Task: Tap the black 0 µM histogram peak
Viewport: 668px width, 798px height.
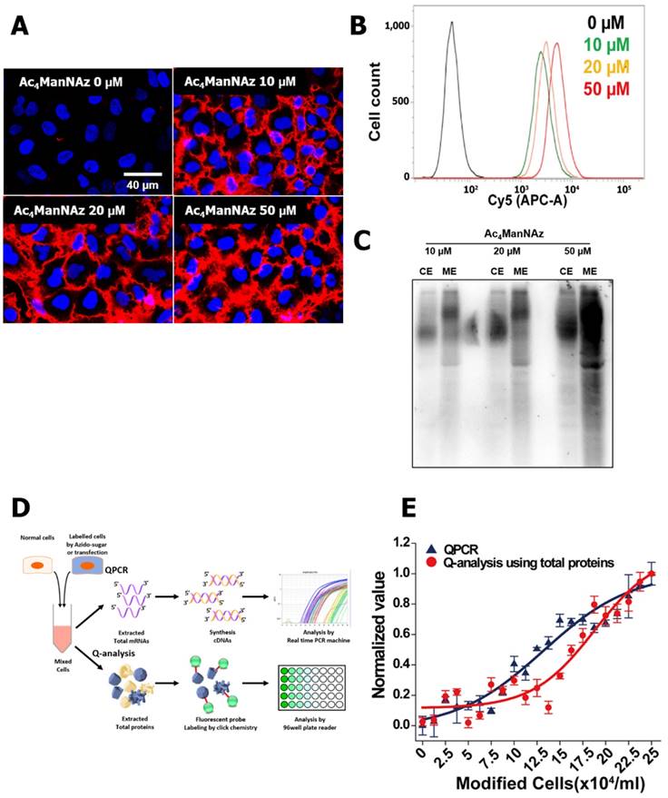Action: (x=451, y=25)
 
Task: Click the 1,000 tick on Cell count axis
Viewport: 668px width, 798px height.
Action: (x=396, y=28)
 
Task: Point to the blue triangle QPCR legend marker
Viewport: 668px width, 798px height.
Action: (x=430, y=548)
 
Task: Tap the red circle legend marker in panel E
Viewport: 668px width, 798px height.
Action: (x=430, y=563)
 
